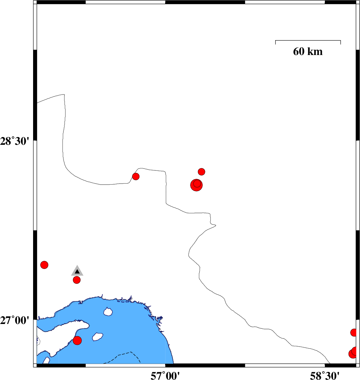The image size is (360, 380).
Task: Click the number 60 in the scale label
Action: tap(299, 51)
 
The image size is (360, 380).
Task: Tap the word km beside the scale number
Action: tap(315, 51)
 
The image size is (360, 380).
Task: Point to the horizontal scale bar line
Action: tap(308, 40)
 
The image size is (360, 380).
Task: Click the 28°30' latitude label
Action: tap(15, 141)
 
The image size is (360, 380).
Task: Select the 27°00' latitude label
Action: tap(15, 320)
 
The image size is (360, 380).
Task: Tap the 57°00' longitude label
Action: tap(165, 376)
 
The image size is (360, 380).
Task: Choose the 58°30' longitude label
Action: tap(325, 376)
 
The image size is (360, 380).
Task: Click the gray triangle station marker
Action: tap(77, 271)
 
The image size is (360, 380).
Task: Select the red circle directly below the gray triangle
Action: tap(77, 280)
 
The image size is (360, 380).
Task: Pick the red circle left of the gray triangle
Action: tap(44, 265)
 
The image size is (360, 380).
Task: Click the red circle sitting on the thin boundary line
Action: tap(136, 177)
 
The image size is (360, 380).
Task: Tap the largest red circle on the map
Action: tap(196, 185)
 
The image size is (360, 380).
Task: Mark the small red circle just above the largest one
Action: tap(201, 172)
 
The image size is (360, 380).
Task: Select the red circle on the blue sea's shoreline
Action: tap(77, 341)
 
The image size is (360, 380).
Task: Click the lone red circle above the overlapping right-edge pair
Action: tap(354, 332)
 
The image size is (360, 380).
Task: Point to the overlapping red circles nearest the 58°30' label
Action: tap(354, 353)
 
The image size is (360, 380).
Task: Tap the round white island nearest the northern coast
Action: tap(108, 311)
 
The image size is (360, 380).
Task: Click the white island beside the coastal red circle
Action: tap(98, 336)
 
